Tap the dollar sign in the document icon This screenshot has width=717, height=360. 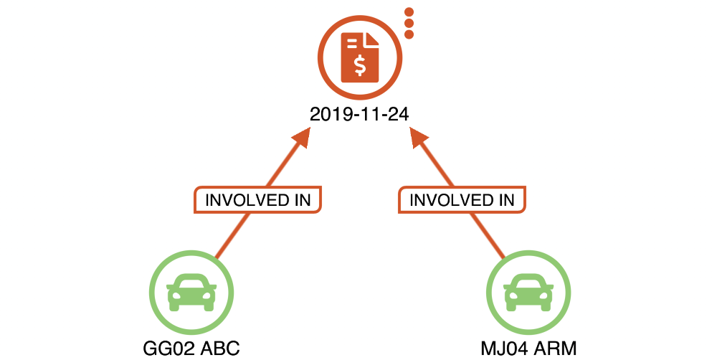pos(360,65)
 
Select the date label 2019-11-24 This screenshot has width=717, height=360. pos(359,114)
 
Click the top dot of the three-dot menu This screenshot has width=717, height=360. pos(409,12)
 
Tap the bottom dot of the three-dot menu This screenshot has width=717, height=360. pos(409,34)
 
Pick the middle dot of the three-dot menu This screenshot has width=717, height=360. pos(409,23)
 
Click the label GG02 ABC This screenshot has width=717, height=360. pos(191,349)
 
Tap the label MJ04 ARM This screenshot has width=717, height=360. pos(529,349)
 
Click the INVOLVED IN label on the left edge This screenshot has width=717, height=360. pos(257,199)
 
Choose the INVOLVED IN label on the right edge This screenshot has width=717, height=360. pos(462,199)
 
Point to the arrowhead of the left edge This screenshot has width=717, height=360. pos(301,138)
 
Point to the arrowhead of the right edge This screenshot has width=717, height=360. pos(417,138)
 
